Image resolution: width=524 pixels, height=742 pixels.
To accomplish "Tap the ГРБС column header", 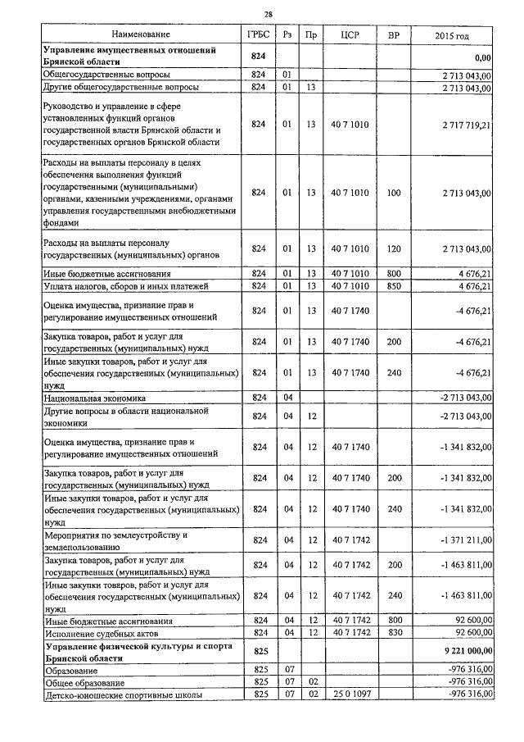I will [x=260, y=36].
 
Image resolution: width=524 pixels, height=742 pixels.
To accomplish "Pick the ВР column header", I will [x=394, y=36].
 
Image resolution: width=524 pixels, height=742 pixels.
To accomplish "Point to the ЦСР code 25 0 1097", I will [x=350, y=694].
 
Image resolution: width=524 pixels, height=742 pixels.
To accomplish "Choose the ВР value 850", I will [x=394, y=285].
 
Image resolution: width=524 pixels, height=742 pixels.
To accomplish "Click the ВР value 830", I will [x=394, y=634].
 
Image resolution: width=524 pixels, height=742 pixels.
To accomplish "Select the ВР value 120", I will [x=394, y=248].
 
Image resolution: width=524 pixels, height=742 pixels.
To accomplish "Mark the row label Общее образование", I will [x=84, y=682].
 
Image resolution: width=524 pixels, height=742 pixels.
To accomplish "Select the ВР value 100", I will [x=394, y=193].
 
